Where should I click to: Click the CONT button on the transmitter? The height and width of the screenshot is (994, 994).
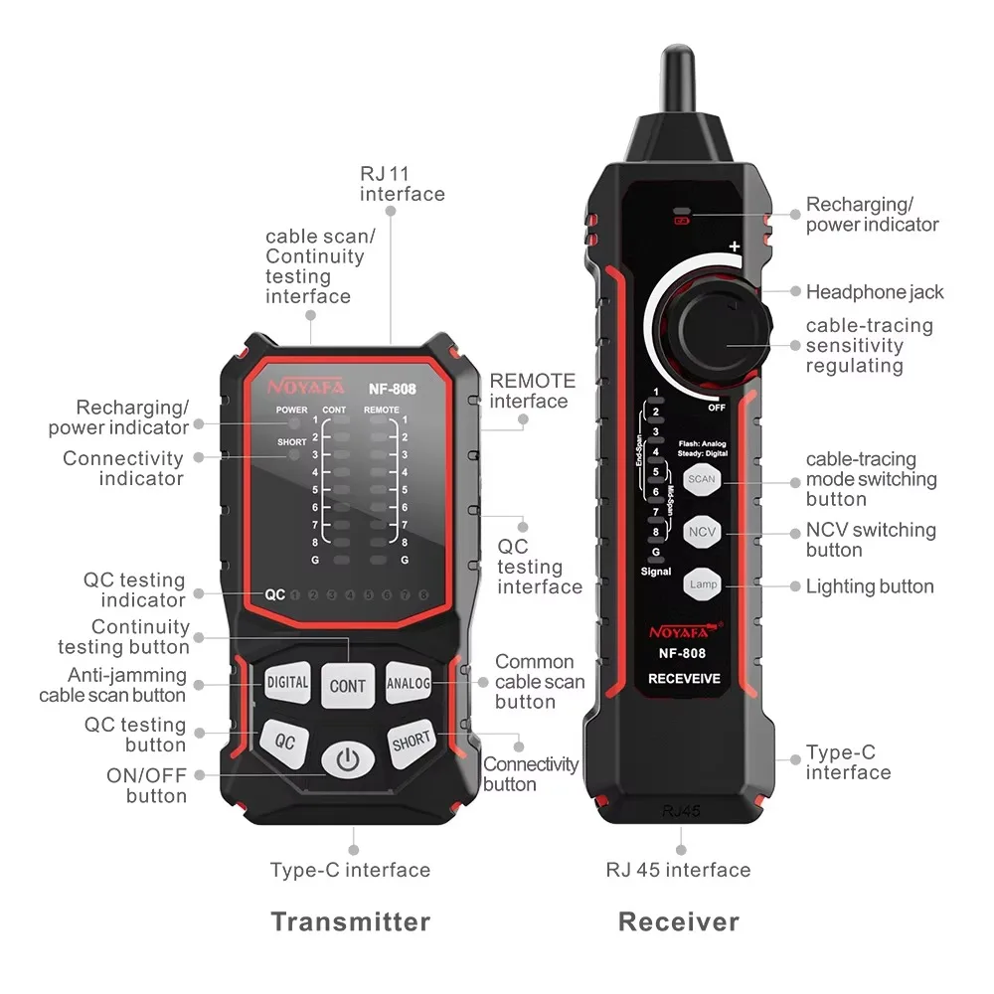click(347, 685)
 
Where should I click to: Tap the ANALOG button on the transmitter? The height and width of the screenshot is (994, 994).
click(409, 683)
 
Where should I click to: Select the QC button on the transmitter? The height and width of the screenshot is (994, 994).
click(284, 742)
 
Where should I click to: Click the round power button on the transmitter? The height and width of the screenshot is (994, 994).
click(347, 759)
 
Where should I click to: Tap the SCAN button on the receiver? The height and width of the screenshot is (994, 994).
click(702, 479)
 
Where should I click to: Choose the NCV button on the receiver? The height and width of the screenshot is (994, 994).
click(702, 532)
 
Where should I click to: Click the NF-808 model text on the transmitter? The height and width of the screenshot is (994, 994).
click(393, 389)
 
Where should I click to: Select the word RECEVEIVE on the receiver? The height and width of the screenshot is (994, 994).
click(684, 678)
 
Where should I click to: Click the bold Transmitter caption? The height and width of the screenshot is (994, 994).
click(351, 921)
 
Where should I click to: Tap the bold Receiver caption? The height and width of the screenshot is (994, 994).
click(679, 921)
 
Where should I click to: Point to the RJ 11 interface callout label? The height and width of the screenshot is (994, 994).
click(402, 184)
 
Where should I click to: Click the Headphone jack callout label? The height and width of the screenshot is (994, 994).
click(875, 292)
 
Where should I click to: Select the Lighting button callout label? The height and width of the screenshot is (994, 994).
click(870, 586)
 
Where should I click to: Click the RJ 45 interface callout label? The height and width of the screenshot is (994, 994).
click(678, 870)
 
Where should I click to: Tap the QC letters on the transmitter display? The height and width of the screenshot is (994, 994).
click(274, 594)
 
